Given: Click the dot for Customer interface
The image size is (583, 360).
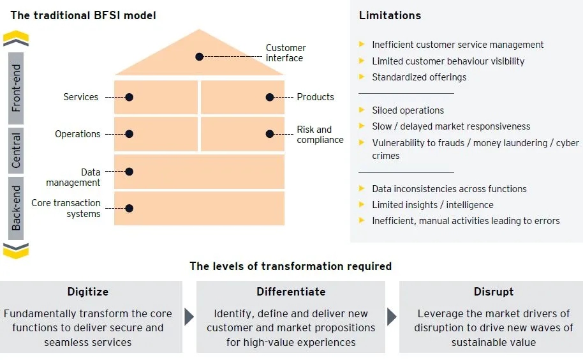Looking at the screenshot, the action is pyautogui.click(x=199, y=57).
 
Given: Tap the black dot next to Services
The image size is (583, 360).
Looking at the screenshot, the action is pyautogui.click(x=129, y=97).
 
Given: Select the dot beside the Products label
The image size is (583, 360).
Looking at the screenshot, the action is pyautogui.click(x=270, y=97).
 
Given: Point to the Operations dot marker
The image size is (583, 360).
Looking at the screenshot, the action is pyautogui.click(x=129, y=134).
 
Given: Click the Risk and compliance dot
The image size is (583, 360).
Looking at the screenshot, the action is pyautogui.click(x=270, y=134).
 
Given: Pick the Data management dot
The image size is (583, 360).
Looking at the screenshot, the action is pyautogui.click(x=129, y=172).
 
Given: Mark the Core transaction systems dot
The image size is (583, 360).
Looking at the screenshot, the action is pyautogui.click(x=129, y=208).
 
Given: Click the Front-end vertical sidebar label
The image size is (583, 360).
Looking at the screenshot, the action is pyautogui.click(x=16, y=88).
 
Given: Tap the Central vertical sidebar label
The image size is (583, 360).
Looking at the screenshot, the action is pyautogui.click(x=16, y=151).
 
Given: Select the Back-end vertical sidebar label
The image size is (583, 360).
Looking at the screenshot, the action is pyautogui.click(x=16, y=208).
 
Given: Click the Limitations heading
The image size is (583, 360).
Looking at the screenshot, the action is pyautogui.click(x=390, y=15).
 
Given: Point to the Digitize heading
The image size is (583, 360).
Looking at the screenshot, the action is pyautogui.click(x=88, y=292).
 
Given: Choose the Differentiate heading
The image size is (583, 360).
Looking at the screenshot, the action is pyautogui.click(x=291, y=292).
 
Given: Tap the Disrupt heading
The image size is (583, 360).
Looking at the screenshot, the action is pyautogui.click(x=494, y=292).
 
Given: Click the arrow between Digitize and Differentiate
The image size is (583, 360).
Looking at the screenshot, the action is pyautogui.click(x=189, y=317).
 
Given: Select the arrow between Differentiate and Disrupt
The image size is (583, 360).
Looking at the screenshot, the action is pyautogui.click(x=392, y=317).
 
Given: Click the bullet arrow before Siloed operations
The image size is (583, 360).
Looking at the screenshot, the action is pyautogui.click(x=362, y=110).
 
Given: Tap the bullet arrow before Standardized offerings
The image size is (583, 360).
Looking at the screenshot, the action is pyautogui.click(x=362, y=77).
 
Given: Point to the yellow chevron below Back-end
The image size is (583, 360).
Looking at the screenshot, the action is pyautogui.click(x=16, y=251).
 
